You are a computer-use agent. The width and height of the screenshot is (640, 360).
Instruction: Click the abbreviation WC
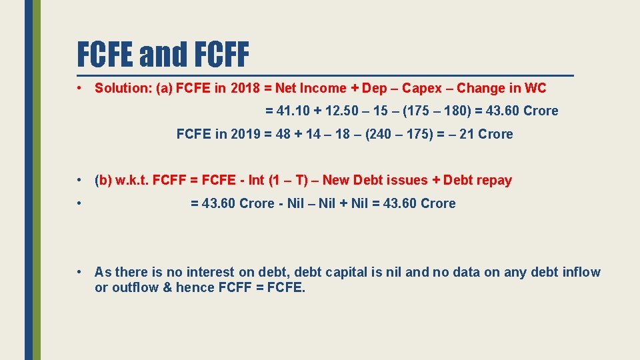point(535,88)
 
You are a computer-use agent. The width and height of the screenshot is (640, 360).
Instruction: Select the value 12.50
point(343,111)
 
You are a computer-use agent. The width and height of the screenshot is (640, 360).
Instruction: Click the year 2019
point(245,134)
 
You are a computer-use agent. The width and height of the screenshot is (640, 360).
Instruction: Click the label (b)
point(104,180)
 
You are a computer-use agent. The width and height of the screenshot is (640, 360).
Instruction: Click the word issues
point(407,180)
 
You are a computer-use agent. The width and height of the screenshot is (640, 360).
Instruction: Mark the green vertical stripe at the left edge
point(37,180)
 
